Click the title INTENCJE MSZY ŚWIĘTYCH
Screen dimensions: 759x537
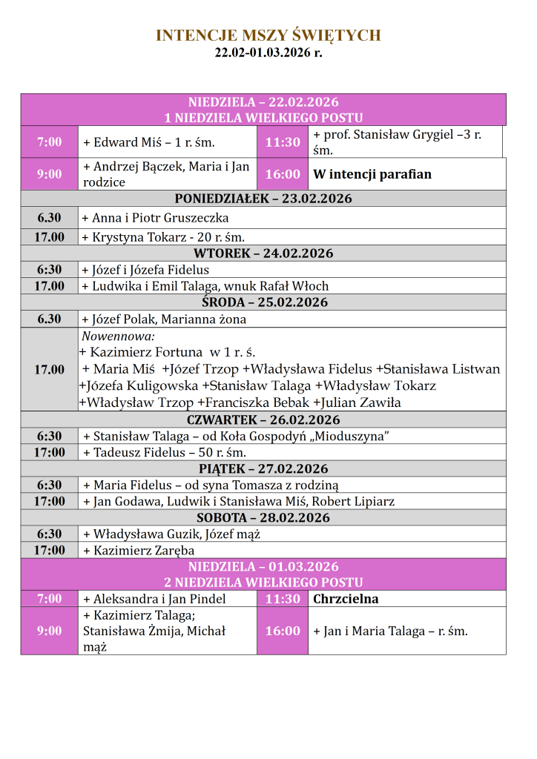(x=268, y=36)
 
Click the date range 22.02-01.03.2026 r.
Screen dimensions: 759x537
(x=268, y=53)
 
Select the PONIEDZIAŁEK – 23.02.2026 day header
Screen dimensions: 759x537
(x=263, y=199)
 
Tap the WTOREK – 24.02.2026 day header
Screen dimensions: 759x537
(x=263, y=253)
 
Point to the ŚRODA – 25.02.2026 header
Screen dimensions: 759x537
(x=263, y=302)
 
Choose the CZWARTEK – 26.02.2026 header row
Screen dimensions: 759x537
(x=263, y=420)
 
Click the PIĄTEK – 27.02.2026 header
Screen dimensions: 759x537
(x=263, y=468)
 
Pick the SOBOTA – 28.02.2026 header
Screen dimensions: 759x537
(x=263, y=517)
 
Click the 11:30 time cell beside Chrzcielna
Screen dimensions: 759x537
(x=283, y=599)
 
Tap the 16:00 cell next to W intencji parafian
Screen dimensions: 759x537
(x=283, y=174)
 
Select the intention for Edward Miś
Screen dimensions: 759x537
(x=148, y=142)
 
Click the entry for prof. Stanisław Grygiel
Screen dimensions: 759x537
(x=398, y=142)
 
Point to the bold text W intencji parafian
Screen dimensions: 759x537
(x=372, y=175)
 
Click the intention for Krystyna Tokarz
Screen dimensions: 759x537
(x=163, y=237)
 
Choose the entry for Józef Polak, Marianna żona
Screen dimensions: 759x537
(x=164, y=319)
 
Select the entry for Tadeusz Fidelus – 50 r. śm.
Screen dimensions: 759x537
(x=165, y=452)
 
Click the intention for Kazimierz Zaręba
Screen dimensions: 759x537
(x=139, y=550)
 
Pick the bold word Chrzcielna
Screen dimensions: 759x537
(x=346, y=599)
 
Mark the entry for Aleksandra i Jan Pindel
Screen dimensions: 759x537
(x=154, y=599)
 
